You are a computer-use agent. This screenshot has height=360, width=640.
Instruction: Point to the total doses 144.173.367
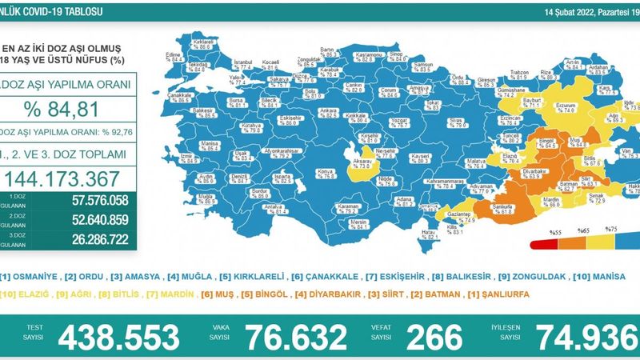64,178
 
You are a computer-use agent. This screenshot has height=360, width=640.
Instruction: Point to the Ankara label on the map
305,113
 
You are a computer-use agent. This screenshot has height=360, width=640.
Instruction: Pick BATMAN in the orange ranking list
440,294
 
